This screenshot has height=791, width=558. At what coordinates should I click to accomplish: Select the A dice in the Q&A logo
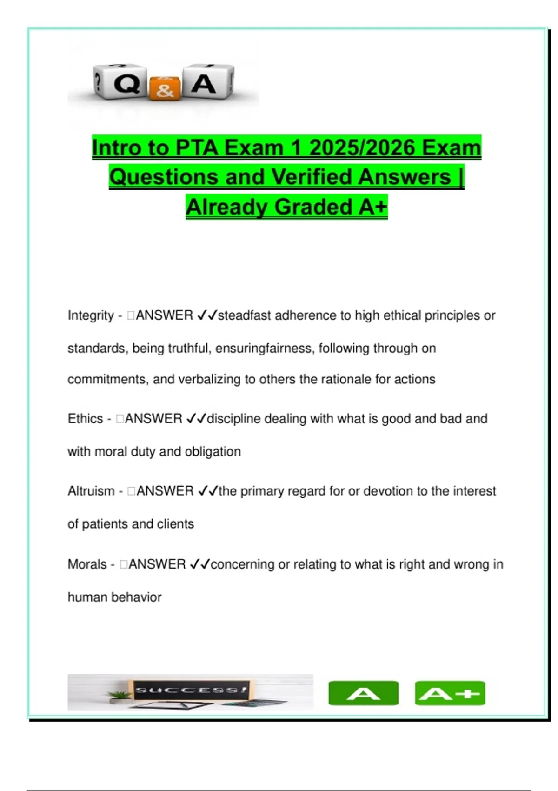(206, 83)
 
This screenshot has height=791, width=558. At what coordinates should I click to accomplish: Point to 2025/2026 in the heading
(362, 148)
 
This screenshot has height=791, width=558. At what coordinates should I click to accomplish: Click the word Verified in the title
(312, 177)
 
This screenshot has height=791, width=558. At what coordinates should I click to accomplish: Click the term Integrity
(91, 315)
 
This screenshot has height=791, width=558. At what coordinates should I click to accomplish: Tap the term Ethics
(85, 419)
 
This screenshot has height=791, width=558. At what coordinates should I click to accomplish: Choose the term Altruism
(91, 491)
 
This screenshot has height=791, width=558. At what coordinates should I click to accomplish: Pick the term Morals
(87, 564)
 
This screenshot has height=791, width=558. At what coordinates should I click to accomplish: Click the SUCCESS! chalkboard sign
(190, 690)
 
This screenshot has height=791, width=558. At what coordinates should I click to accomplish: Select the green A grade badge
(363, 693)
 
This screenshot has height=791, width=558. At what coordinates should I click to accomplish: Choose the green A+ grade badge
(450, 693)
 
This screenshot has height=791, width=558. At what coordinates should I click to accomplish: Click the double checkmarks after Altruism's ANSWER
(207, 491)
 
